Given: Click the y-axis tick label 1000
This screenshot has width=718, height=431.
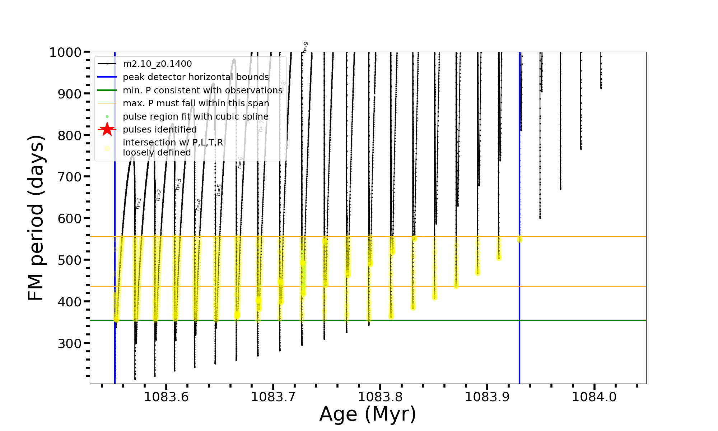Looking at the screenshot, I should [65, 52].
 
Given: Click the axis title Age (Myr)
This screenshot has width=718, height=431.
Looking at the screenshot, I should [368, 414].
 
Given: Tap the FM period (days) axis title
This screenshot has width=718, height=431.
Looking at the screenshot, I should [36, 218].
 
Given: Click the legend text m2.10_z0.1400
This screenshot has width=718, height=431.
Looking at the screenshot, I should [157, 64].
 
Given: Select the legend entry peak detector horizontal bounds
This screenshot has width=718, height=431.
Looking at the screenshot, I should [196, 77].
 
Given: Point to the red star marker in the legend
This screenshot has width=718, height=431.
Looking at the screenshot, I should [107, 129].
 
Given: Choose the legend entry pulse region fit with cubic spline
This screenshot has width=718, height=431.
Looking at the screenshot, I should [195, 117].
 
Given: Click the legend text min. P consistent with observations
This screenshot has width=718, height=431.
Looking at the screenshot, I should [202, 91].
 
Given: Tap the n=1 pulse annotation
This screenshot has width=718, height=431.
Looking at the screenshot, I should [139, 203].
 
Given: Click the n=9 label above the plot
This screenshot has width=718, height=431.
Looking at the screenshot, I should [305, 47].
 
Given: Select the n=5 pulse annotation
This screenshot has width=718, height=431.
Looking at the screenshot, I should [219, 190].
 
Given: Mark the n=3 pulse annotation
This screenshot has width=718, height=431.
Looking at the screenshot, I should [178, 184].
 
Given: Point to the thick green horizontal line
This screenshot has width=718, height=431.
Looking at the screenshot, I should [431, 320].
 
